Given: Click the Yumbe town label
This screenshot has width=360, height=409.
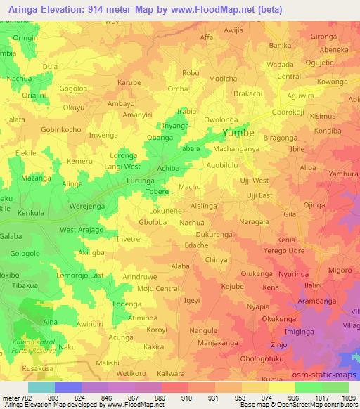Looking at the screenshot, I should tap(241, 133).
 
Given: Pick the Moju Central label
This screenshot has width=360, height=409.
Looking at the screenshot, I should tap(158, 289).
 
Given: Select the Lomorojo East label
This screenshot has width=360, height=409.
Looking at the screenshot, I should tap(80, 275).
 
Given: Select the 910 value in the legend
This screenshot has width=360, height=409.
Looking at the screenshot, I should tap(187, 398).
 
